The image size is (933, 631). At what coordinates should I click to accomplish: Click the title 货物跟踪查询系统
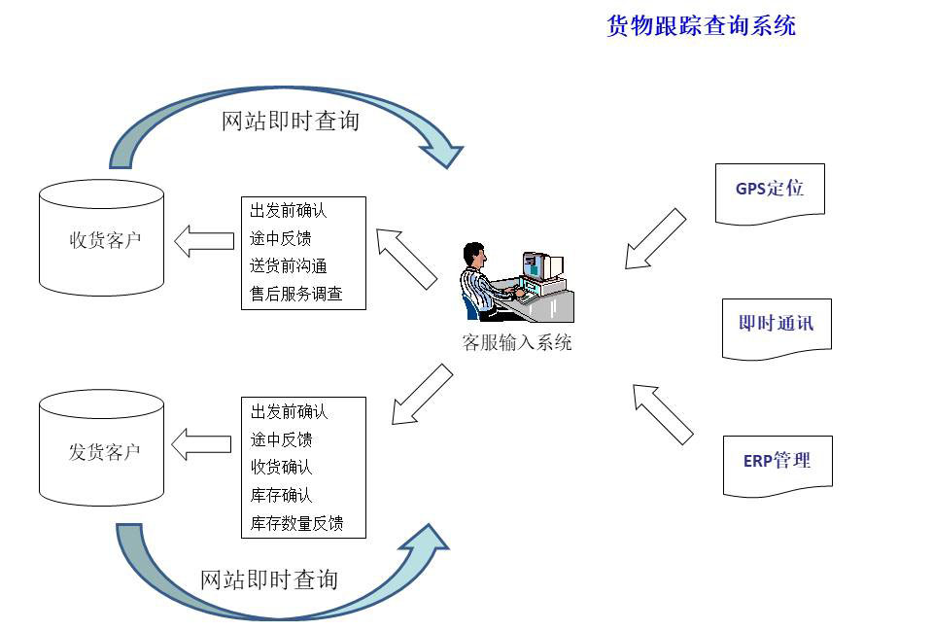(x=701, y=25)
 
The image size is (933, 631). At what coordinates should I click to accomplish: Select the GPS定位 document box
(x=770, y=193)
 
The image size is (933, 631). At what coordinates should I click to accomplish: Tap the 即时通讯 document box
(x=777, y=330)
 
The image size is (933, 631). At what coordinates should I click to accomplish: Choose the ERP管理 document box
(x=777, y=466)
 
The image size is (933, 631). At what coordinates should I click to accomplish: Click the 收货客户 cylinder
(x=101, y=238)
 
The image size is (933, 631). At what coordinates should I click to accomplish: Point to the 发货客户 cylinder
(x=101, y=448)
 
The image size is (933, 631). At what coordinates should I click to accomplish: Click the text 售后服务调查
(x=295, y=294)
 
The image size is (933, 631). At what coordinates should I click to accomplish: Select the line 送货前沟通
(x=288, y=265)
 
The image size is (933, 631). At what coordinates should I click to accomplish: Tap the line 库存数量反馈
(x=297, y=523)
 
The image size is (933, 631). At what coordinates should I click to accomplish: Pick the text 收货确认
(x=282, y=467)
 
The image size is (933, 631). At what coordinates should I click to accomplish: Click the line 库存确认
(x=282, y=495)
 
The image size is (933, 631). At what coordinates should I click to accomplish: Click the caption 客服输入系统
(x=517, y=342)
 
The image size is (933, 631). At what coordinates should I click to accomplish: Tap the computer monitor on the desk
(x=541, y=266)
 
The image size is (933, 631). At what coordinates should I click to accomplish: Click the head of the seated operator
(x=475, y=254)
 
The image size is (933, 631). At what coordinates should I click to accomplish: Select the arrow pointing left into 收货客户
(x=204, y=241)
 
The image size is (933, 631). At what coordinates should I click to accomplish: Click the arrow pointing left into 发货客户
(x=201, y=444)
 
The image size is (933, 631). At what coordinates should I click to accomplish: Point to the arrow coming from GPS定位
(x=655, y=239)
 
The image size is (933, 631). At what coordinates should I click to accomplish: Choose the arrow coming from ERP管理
(x=663, y=414)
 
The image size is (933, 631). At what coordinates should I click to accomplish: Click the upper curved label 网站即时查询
(x=291, y=121)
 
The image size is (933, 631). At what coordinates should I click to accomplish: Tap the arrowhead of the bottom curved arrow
(x=427, y=542)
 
